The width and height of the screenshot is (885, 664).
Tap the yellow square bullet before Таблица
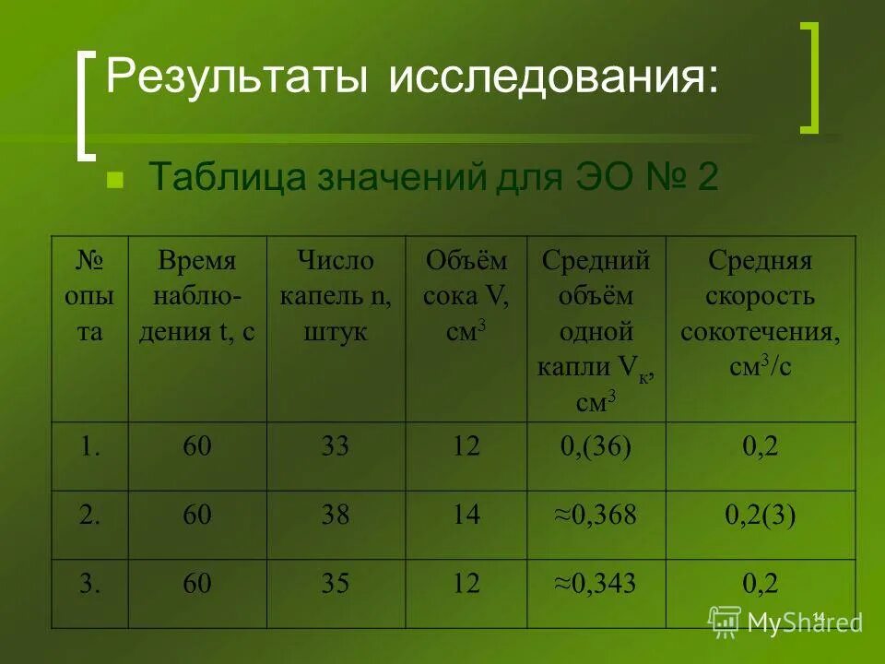115,178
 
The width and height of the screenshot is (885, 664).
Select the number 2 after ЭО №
706,176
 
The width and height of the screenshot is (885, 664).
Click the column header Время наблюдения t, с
196,297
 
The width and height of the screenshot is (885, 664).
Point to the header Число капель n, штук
336,297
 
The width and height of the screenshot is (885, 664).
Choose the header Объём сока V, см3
466,297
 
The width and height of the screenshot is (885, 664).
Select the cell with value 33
336,447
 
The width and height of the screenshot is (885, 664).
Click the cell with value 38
336,516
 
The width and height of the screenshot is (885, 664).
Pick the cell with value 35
336,583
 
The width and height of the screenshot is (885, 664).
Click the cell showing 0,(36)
596,447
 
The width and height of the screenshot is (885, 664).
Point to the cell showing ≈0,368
596,516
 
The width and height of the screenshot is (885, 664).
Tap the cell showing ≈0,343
596,583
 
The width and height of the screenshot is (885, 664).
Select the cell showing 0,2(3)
760,516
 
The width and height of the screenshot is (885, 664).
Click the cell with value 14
466,516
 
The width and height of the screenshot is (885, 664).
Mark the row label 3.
89,583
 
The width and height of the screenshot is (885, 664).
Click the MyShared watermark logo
785,622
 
